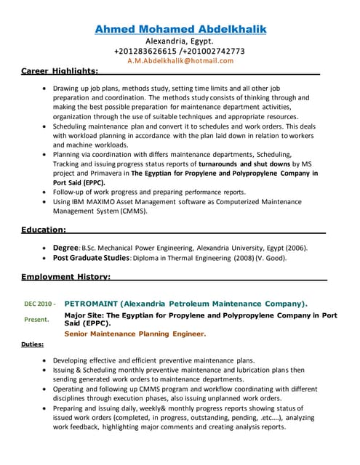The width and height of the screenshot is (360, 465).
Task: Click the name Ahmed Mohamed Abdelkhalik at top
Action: [180, 29]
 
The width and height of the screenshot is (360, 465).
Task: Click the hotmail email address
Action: [180, 61]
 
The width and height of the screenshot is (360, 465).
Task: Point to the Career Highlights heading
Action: [60, 70]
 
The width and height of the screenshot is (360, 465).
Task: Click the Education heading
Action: [44, 230]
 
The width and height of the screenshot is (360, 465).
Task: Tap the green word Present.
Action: [36, 319]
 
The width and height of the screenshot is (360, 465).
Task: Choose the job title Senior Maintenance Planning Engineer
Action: [135, 334]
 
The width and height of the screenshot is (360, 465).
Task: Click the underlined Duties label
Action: [32, 344]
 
